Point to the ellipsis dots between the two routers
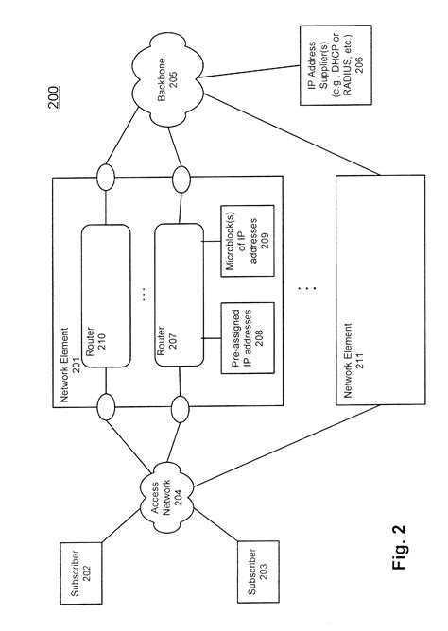point(144,295)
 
